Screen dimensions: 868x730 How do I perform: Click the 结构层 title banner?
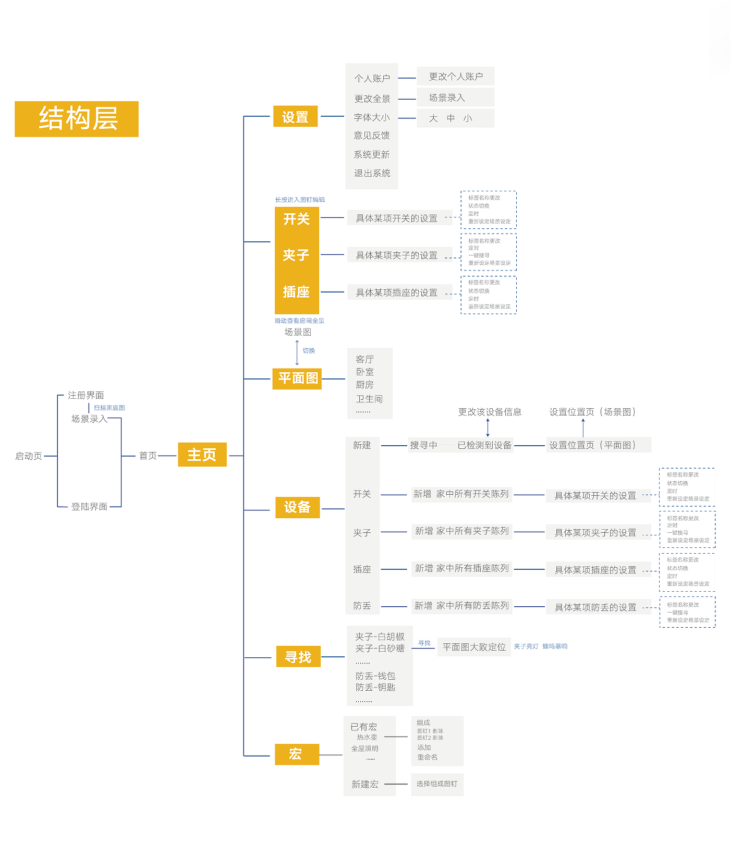click(77, 119)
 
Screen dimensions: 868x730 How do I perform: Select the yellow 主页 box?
click(202, 455)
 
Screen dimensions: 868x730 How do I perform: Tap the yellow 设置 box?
click(295, 117)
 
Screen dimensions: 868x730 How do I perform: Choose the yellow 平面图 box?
click(297, 378)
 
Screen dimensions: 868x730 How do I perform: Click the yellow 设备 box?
click(297, 507)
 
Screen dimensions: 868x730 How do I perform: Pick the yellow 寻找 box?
click(298, 657)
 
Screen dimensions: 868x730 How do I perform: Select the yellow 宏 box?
click(297, 754)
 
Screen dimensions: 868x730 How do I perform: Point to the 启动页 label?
click(29, 456)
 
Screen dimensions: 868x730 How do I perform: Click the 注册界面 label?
click(86, 395)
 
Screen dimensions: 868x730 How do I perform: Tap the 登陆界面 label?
click(89, 507)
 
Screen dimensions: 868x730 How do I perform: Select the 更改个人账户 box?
click(456, 77)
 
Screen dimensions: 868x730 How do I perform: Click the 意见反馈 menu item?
click(372, 136)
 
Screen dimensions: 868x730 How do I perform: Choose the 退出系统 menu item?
click(372, 173)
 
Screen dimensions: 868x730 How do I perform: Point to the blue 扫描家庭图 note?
click(110, 408)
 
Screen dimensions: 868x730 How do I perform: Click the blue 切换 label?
click(309, 351)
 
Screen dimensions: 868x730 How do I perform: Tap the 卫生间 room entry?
click(369, 399)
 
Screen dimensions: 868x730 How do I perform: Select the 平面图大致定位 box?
click(474, 647)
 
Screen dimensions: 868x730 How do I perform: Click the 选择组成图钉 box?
click(437, 784)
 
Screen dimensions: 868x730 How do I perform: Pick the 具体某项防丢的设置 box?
click(595, 607)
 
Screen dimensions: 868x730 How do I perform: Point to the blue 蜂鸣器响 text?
click(555, 646)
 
